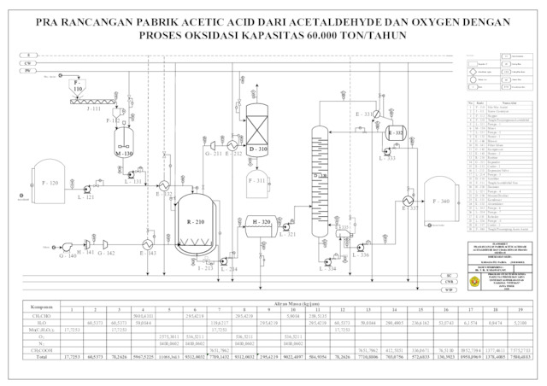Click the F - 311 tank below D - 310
pyautogui.click(x=257, y=181)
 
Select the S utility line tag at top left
pyautogui.click(x=28, y=54)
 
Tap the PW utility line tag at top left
pyautogui.click(x=28, y=71)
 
